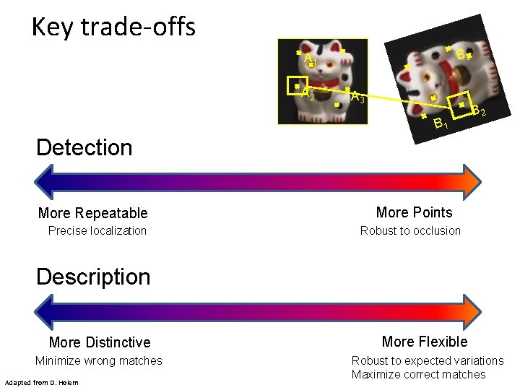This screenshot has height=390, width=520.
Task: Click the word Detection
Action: [x=84, y=147]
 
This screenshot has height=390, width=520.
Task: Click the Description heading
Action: [x=93, y=277]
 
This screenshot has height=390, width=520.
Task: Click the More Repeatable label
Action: [x=92, y=213]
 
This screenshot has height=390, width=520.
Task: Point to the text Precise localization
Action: [x=97, y=231]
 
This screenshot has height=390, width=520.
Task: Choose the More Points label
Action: [x=414, y=212]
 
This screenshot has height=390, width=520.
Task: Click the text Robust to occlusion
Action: [x=410, y=231]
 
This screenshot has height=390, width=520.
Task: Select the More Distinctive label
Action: [x=100, y=342]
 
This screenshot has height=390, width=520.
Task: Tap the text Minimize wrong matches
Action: [x=99, y=360]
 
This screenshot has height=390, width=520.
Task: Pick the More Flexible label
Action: [x=425, y=342]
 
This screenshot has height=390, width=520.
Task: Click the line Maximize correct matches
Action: [x=418, y=374]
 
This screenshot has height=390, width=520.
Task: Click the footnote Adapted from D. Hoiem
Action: [x=41, y=382]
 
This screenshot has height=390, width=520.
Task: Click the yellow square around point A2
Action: [x=297, y=86]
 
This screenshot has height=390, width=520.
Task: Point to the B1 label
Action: [x=441, y=124]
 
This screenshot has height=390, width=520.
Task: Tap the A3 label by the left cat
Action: [x=357, y=97]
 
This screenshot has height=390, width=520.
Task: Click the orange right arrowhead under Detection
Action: [x=472, y=180]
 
